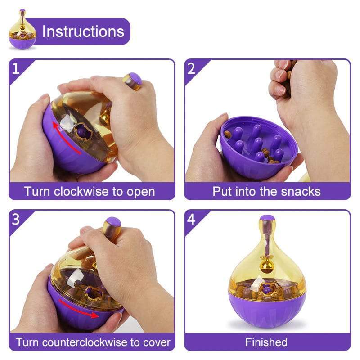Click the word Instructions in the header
pos(83,31)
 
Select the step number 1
pos(16,69)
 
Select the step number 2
pos(191,69)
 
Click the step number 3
pos(16,219)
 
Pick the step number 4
pos(191,219)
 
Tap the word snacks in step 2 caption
pos(301,191)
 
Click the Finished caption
pos(266,342)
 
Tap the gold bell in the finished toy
pos(267,265)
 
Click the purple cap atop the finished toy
pos(267,219)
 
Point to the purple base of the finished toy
pos(267,310)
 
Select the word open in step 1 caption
pos(140,191)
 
